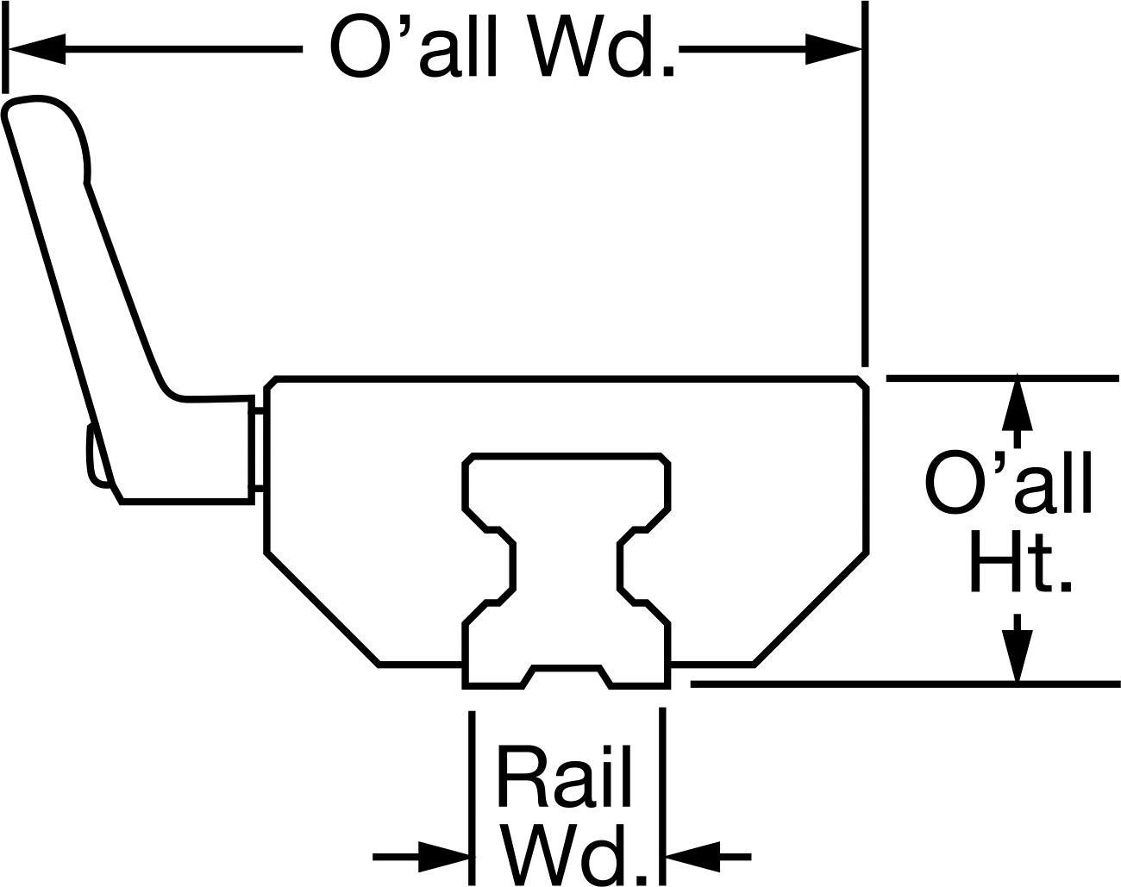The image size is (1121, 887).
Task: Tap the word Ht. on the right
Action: click(x=1020, y=561)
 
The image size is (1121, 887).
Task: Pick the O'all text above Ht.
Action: click(x=1008, y=484)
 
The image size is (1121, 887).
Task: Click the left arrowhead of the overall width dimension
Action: click(x=36, y=49)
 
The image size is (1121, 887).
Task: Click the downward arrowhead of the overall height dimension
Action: click(x=1017, y=655)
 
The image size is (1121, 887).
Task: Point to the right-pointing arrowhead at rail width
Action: click(x=444, y=857)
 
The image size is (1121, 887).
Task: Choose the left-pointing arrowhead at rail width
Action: click(x=692, y=857)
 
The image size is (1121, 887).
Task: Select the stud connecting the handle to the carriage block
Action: click(x=259, y=449)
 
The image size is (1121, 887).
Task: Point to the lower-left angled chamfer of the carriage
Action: click(x=322, y=609)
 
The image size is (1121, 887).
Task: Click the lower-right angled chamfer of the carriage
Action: click(x=811, y=609)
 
